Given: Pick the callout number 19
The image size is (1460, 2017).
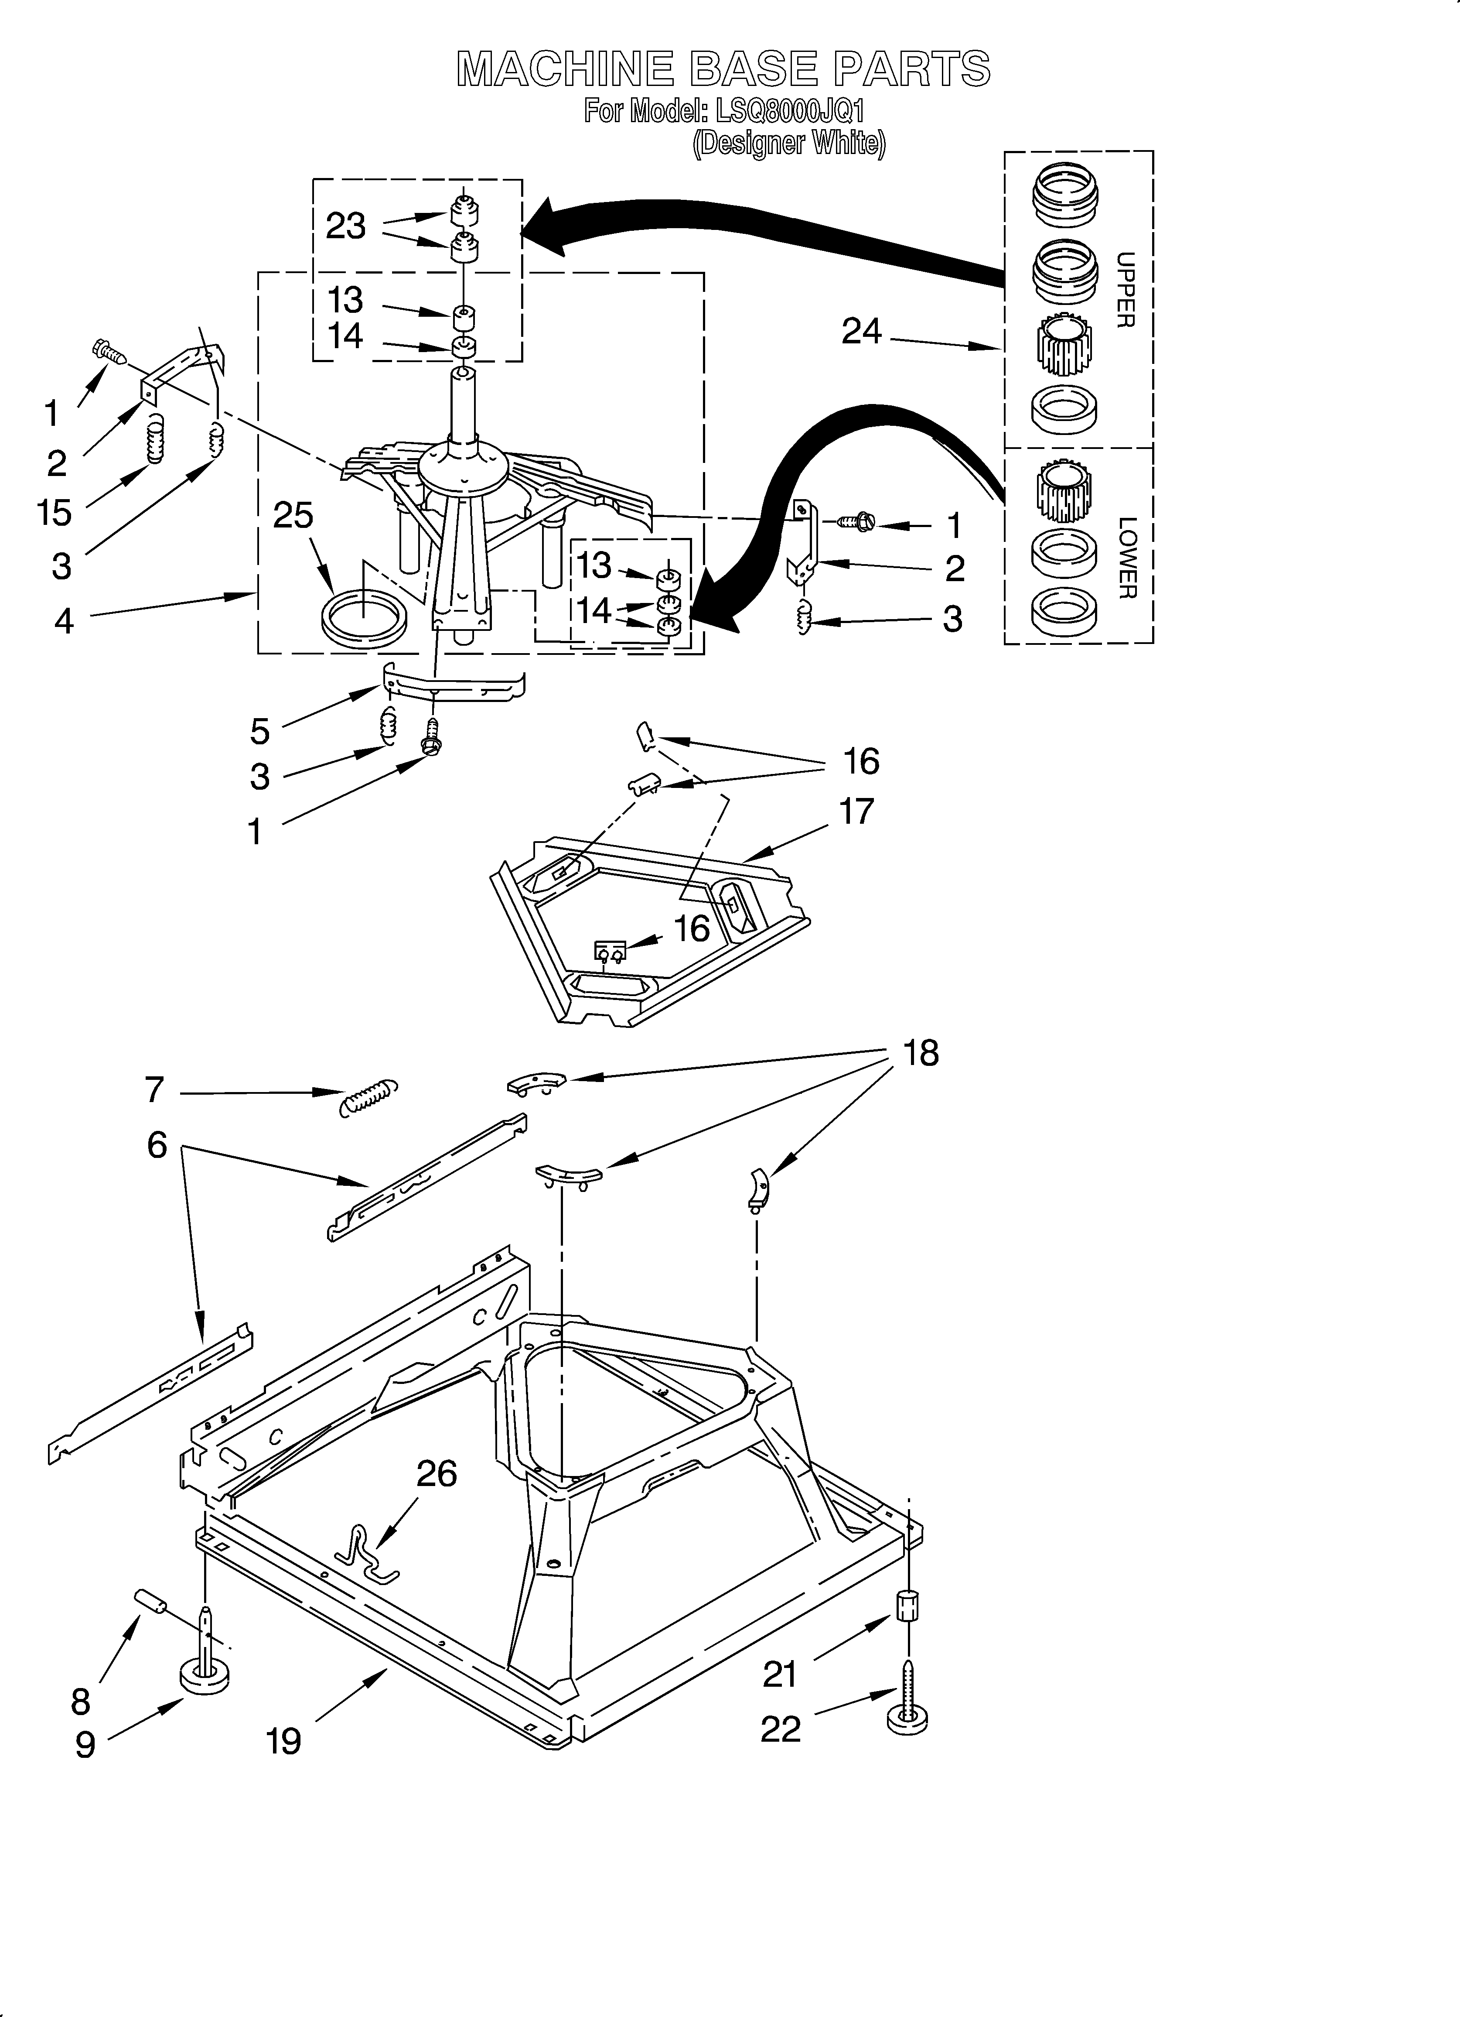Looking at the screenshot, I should (283, 1740).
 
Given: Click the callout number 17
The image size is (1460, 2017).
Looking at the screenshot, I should (856, 811).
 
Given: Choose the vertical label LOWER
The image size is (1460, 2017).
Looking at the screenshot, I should (1126, 558).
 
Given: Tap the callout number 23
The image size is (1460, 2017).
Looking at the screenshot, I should (346, 226).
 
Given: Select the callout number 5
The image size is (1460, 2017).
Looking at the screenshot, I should (259, 731).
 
